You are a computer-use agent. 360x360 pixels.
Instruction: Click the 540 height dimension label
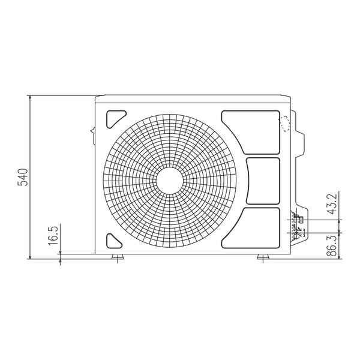(x=23, y=177)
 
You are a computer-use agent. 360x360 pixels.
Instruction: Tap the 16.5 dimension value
(x=53, y=235)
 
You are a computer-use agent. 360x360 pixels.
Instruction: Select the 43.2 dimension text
(x=332, y=204)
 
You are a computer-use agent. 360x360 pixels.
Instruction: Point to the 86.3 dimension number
(x=332, y=245)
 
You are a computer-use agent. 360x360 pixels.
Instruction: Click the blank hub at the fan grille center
(x=170, y=181)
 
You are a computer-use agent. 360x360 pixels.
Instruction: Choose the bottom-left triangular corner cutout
(x=115, y=241)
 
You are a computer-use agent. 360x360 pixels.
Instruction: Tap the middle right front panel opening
(x=263, y=181)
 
